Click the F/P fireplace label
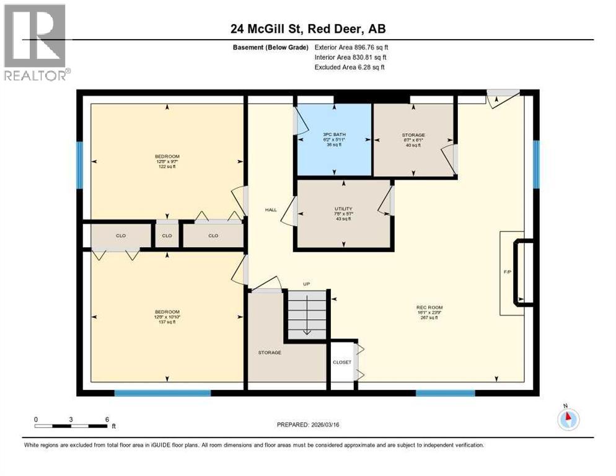(x=507, y=271)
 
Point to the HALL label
(x=270, y=210)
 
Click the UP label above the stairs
(x=306, y=284)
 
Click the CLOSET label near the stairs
(x=341, y=362)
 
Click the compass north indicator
(x=568, y=418)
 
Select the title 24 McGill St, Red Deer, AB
(x=308, y=29)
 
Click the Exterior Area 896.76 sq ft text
(x=351, y=47)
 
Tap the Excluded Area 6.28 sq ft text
(x=350, y=67)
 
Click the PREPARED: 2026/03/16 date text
(x=308, y=425)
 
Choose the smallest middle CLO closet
(x=167, y=236)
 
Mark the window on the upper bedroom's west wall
(x=79, y=164)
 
